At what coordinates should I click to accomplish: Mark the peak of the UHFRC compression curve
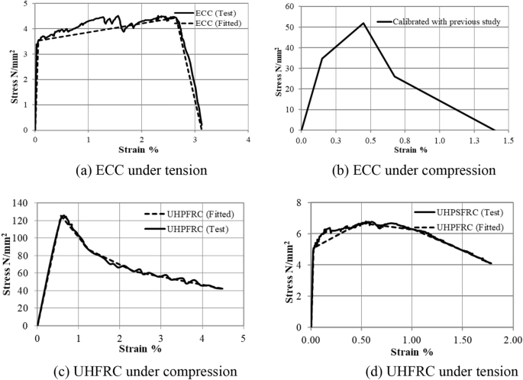[x=63, y=216]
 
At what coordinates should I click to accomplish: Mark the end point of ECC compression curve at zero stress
[x=495, y=130]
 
